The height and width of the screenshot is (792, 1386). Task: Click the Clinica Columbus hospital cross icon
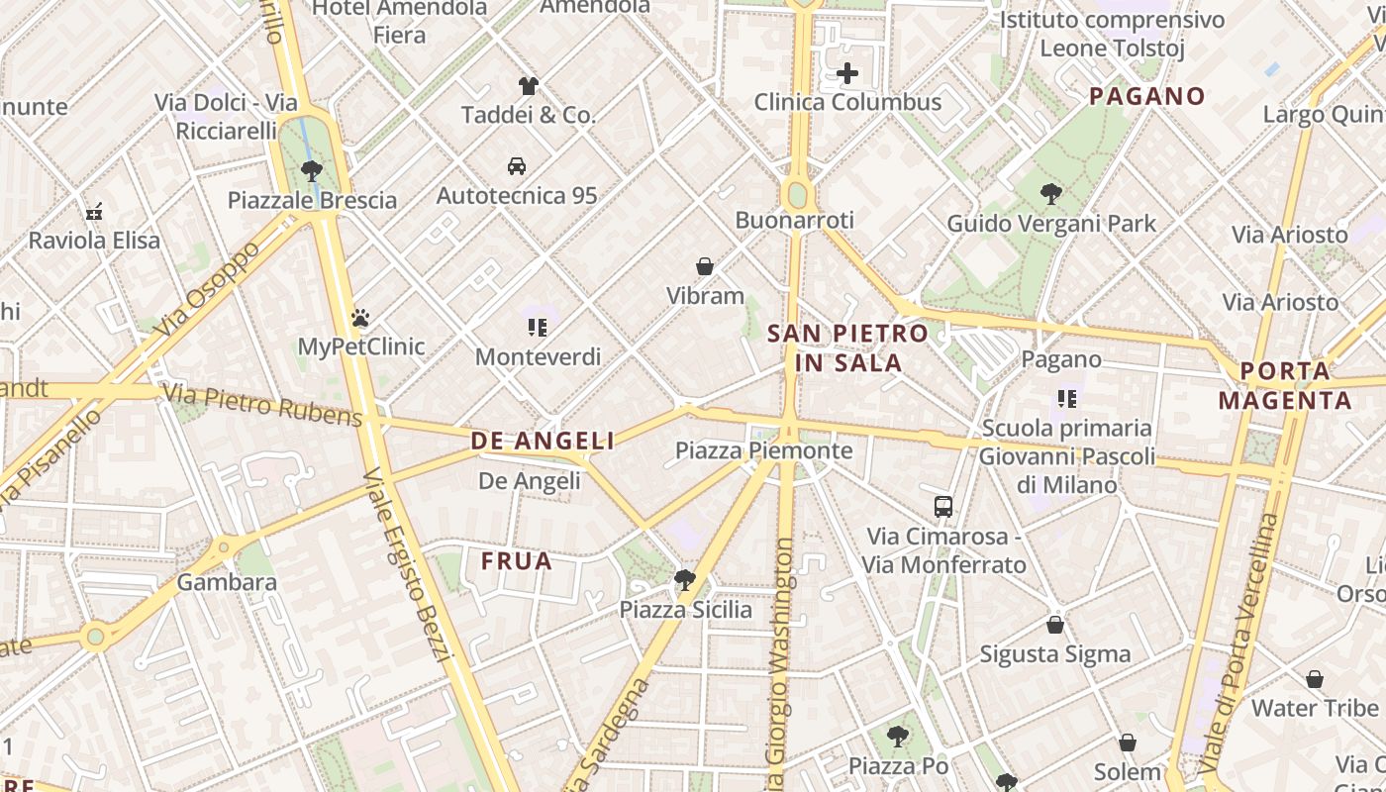(847, 73)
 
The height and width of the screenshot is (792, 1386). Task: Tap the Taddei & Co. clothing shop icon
(529, 86)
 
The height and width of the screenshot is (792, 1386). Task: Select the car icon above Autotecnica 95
(516, 165)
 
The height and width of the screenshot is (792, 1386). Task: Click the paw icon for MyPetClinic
(360, 318)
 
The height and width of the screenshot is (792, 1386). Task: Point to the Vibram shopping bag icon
(705, 266)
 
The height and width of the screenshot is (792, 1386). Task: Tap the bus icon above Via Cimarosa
(943, 507)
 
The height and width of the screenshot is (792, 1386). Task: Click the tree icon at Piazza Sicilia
(684, 580)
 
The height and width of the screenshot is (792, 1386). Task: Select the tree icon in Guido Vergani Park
(1051, 194)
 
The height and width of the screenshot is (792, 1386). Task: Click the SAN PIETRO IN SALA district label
(848, 347)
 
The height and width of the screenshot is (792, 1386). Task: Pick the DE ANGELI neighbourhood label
(543, 441)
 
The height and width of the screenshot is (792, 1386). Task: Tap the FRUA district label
(517, 561)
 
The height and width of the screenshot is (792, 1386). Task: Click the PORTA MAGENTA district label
(1285, 386)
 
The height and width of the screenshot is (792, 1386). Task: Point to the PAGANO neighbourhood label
(1147, 96)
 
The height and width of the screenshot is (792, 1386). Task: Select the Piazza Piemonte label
(763, 450)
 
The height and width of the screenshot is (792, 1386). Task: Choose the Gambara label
(227, 582)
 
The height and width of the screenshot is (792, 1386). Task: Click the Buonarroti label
(794, 220)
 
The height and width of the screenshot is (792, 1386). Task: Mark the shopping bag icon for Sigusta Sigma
(1055, 625)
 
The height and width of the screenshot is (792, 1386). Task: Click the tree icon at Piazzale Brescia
(312, 170)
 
